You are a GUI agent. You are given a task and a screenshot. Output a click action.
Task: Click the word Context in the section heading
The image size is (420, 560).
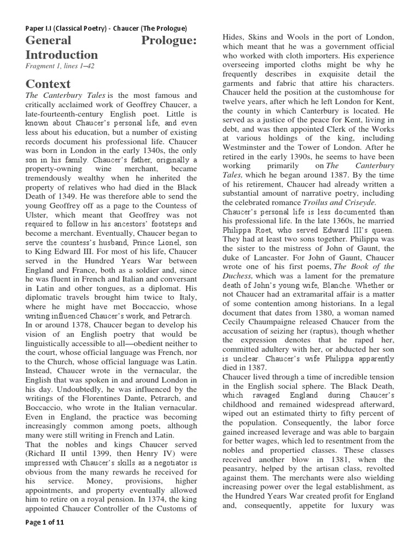(x=48, y=84)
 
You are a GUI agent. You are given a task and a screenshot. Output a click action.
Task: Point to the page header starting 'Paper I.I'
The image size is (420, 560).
(x=106, y=28)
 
